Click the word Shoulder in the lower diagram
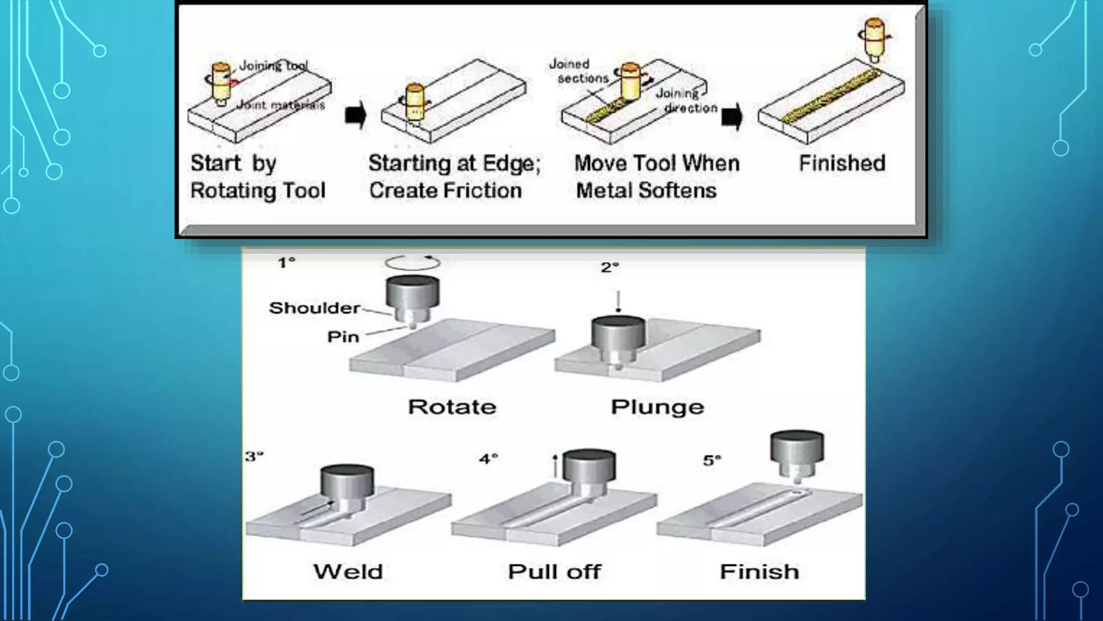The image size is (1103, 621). tap(315, 308)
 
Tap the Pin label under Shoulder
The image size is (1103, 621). tap(343, 337)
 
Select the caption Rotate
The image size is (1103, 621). tap(452, 407)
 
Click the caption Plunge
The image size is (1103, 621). tap(657, 407)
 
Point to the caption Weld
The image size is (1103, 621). tap(348, 571)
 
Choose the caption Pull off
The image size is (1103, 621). tap(554, 571)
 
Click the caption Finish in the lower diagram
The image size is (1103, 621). tap(759, 571)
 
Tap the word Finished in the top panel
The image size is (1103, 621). tap(842, 163)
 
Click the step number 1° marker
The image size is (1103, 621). tap(287, 263)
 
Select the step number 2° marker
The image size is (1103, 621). tap(610, 267)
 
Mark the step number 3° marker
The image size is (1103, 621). tap(254, 457)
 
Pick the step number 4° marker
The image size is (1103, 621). tap(488, 459)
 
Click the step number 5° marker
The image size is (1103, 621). tap(712, 460)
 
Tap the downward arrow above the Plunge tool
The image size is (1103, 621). tap(618, 302)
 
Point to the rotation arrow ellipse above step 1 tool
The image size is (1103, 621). tap(413, 263)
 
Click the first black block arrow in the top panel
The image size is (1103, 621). tap(355, 115)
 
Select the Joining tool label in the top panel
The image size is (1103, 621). tap(273, 66)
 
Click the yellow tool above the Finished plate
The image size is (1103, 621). tap(874, 38)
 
